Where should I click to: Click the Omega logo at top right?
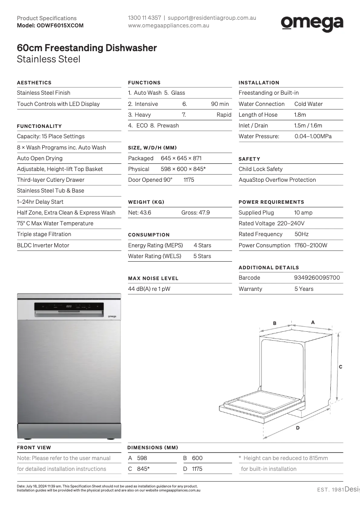(x=312, y=23)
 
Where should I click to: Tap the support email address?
(x=212, y=18)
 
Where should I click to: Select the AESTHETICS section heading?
(x=34, y=83)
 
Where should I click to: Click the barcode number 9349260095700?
(x=317, y=278)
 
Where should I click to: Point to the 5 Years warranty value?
(x=304, y=289)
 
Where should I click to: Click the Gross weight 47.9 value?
(x=196, y=213)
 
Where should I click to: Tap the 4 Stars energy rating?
(x=202, y=246)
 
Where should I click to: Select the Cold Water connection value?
(x=308, y=104)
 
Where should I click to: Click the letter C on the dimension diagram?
(x=341, y=367)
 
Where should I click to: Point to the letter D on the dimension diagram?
(x=298, y=428)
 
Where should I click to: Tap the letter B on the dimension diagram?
(x=275, y=323)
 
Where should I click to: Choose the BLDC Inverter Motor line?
(x=43, y=246)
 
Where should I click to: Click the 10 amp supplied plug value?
(x=303, y=213)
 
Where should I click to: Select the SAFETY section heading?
(x=249, y=159)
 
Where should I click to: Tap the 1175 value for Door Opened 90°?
(x=189, y=180)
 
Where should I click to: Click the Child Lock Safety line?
(x=260, y=169)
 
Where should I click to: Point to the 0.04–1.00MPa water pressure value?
(x=313, y=136)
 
